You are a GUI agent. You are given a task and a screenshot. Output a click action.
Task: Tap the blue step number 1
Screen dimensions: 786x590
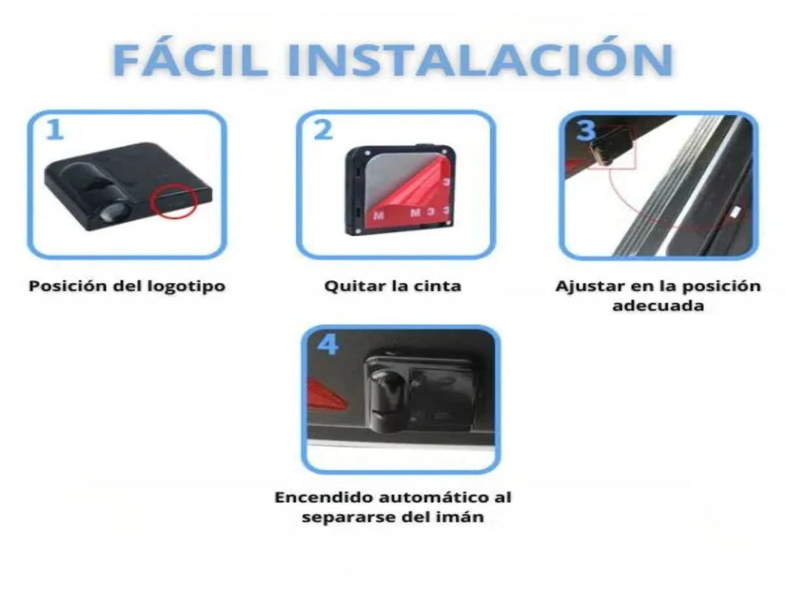coord(55,130)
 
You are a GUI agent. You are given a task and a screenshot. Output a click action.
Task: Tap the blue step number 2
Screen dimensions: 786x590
coord(323,130)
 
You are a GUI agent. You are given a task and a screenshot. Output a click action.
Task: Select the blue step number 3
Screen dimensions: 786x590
coord(586,130)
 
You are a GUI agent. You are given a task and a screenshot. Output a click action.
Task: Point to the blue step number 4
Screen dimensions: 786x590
coord(327,345)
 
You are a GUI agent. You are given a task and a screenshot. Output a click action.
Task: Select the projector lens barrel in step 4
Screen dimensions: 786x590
coord(387,401)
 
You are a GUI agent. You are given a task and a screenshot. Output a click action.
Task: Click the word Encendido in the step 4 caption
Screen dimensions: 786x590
coord(324,497)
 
